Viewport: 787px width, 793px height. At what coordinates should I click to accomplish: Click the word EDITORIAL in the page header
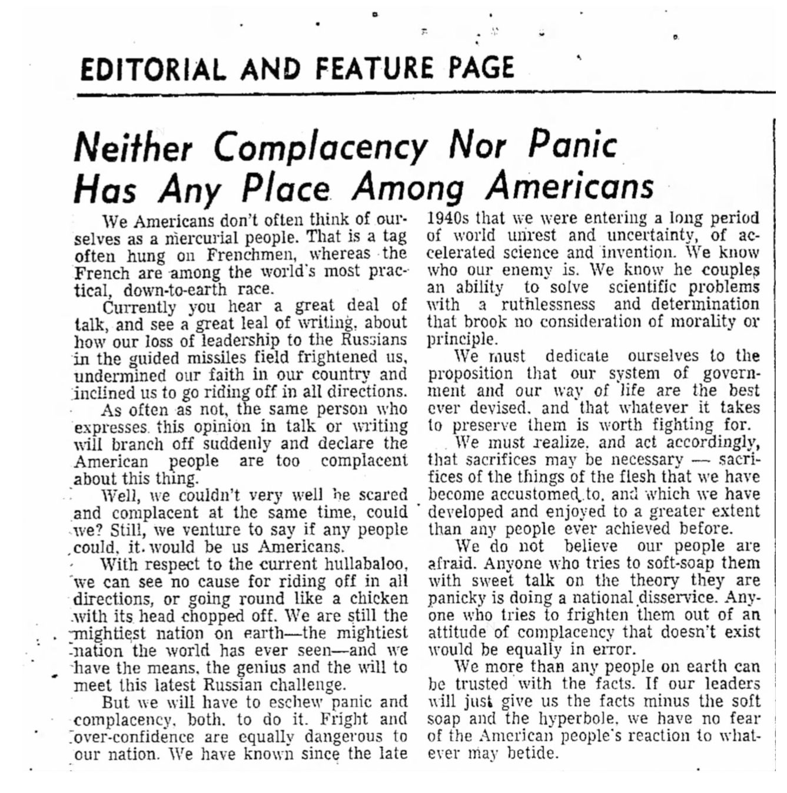point(152,69)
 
